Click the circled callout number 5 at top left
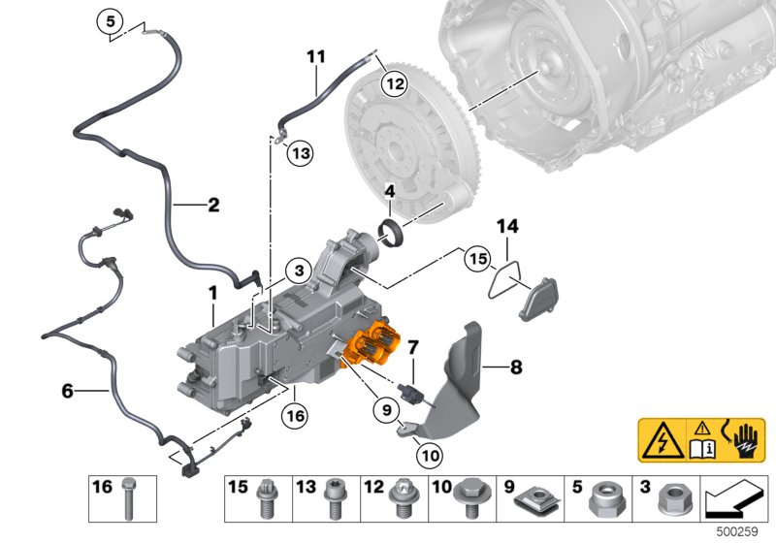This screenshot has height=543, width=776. coord(111,21)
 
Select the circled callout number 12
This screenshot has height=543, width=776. coord(394,83)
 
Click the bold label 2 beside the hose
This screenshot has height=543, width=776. coord(212,205)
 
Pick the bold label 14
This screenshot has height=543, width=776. coord(508,227)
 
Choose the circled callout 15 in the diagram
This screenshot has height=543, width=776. coord(476,260)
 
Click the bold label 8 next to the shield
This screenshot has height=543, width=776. coord(516,367)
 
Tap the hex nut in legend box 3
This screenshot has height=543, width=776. coord(671,501)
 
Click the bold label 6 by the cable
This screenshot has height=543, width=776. coord(67,391)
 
